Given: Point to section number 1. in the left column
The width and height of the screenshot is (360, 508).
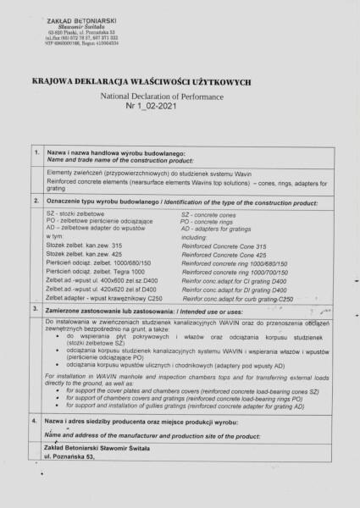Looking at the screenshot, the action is (32, 153).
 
